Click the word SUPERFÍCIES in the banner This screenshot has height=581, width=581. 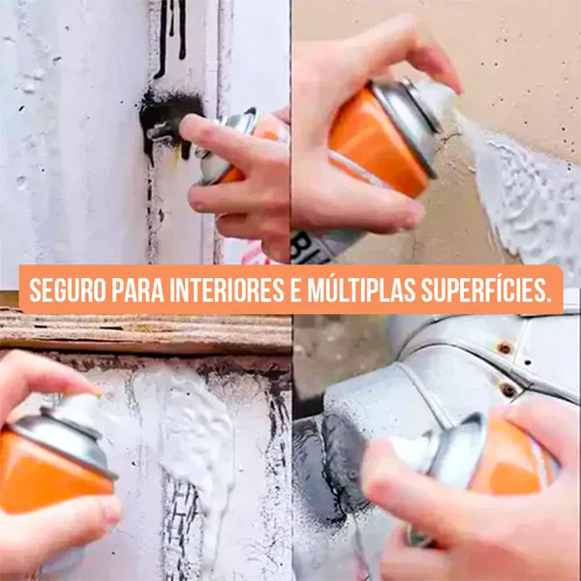click(493, 290)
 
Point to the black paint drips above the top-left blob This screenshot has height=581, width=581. click(172, 29)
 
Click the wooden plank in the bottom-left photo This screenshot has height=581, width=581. click(145, 331)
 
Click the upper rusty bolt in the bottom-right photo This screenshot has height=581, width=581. click(504, 347)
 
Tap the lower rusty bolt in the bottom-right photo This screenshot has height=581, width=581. click(508, 389)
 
